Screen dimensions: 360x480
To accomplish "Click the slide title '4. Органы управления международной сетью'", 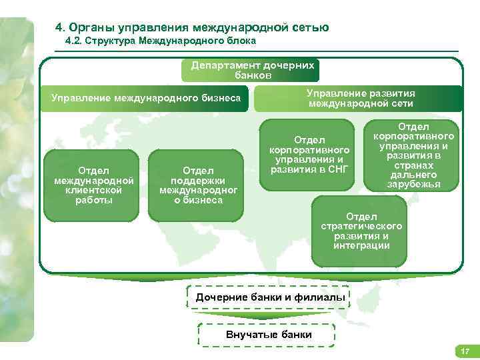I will (192, 27).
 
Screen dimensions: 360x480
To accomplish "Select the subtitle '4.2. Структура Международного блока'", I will (161, 41).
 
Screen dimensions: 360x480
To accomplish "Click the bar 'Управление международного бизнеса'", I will (146, 99).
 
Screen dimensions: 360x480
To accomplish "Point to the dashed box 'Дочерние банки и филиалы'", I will (271, 297).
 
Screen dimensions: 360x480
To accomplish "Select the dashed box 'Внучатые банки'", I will (269, 334).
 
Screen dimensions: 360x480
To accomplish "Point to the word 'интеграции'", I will (361, 246).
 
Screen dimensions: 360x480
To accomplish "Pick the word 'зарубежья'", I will (413, 184).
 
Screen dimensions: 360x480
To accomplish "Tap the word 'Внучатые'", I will (249, 334).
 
